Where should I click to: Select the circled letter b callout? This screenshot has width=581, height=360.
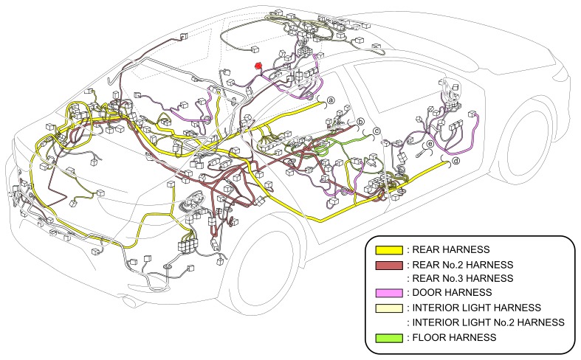click(360, 122)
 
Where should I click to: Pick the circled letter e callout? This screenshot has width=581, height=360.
click(430, 143)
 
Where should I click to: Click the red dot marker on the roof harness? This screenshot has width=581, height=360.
click(258, 66)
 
